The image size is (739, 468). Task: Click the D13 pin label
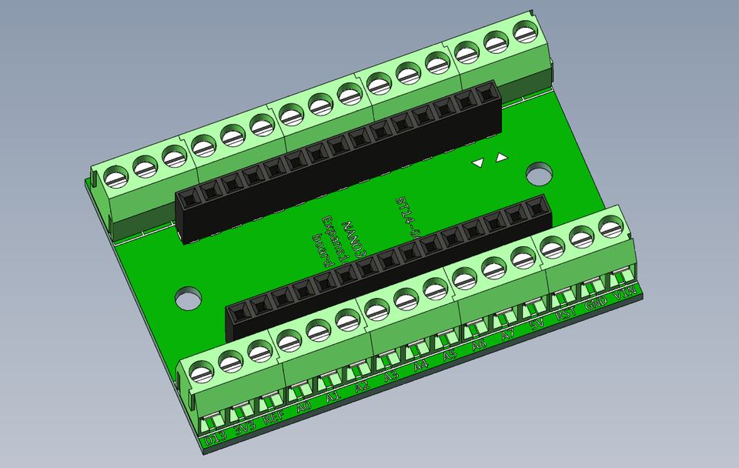point(216,439)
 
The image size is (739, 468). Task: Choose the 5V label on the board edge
point(537,326)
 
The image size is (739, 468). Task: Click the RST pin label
point(566,315)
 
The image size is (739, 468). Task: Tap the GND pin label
point(595,305)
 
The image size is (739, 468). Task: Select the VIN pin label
point(624,294)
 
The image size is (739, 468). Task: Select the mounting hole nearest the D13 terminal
point(187,298)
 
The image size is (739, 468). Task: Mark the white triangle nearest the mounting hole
point(502,158)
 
